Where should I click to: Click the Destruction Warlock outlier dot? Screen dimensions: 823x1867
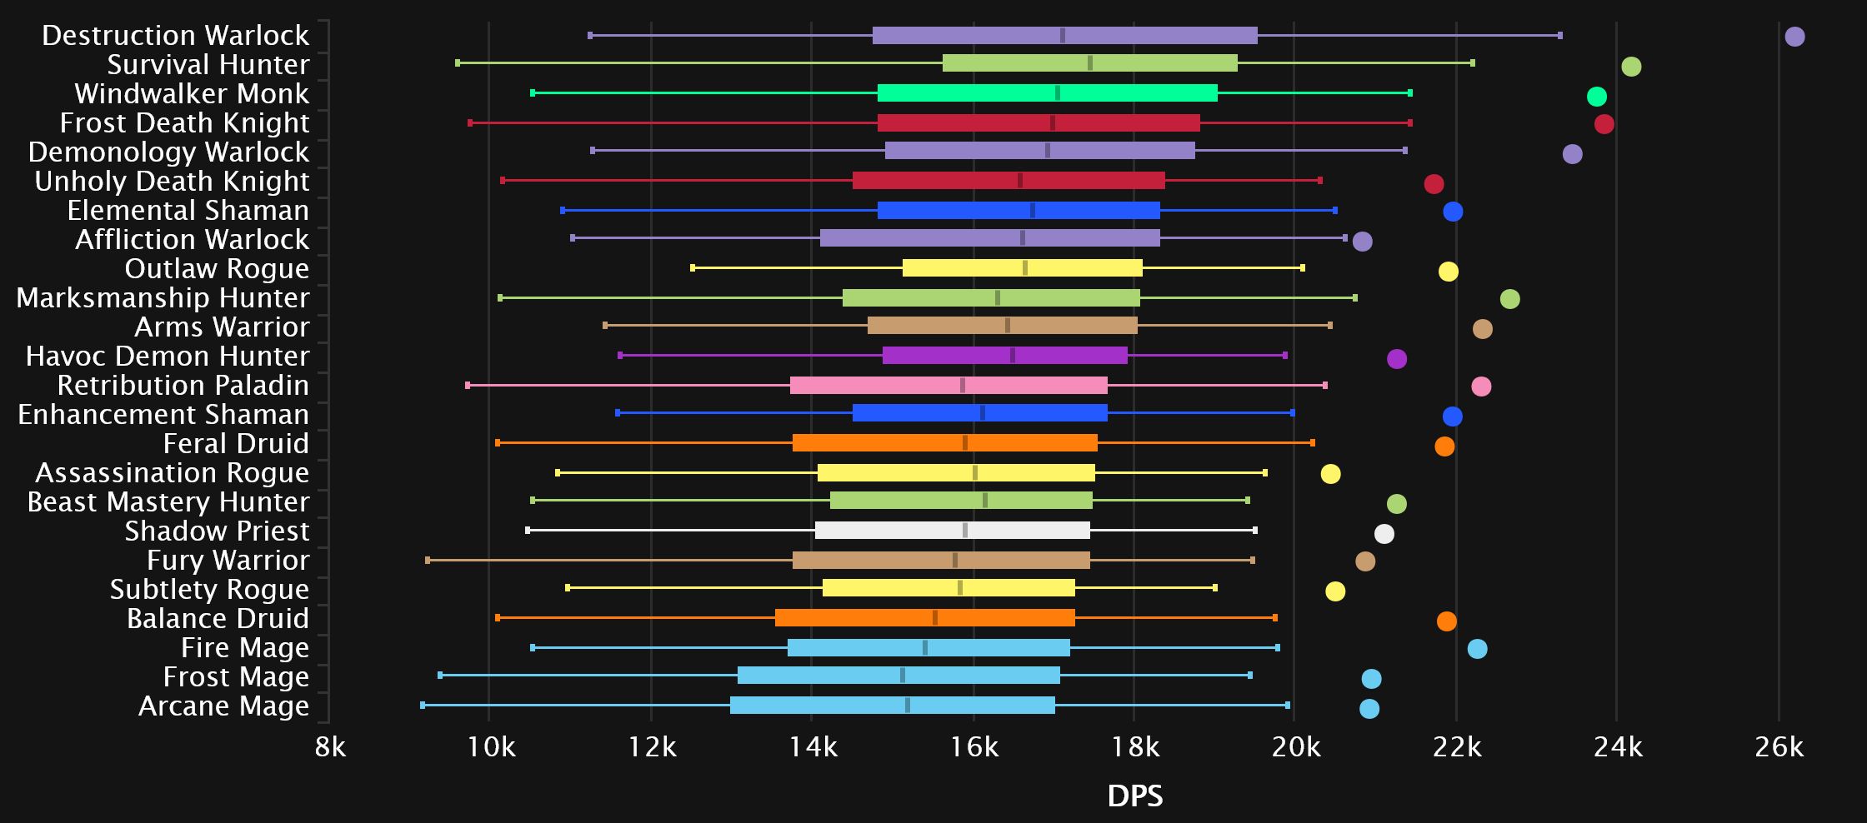[x=1794, y=37]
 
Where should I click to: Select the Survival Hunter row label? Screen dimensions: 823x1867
[x=208, y=65]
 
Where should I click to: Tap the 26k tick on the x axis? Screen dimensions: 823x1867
[x=1779, y=747]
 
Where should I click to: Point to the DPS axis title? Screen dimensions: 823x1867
[x=1134, y=796]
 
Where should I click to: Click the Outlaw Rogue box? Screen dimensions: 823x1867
[x=1022, y=268]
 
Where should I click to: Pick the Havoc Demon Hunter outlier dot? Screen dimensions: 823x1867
[x=1397, y=359]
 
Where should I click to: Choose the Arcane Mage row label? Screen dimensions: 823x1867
[x=223, y=706]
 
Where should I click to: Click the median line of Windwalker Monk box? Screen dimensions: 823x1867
[x=1058, y=93]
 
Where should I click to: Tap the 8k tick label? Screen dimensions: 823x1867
[x=330, y=747]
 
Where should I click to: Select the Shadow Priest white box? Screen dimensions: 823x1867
[x=952, y=531]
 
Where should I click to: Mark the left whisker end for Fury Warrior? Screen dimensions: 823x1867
[x=428, y=561]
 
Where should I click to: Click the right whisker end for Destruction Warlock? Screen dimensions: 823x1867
[x=1559, y=36]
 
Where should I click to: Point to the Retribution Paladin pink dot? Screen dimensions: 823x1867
[x=1481, y=387]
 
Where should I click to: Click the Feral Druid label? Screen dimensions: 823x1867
[x=236, y=444]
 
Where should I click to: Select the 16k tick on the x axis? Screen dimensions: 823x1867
[x=974, y=747]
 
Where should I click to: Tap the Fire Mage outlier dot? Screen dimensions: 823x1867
[x=1477, y=649]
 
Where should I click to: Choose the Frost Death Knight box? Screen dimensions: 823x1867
[x=1039, y=123]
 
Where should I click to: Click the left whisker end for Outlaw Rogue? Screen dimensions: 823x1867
[x=693, y=268]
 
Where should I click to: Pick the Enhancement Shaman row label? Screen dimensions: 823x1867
[x=163, y=415]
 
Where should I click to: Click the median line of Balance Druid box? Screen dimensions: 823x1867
[x=935, y=618]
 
